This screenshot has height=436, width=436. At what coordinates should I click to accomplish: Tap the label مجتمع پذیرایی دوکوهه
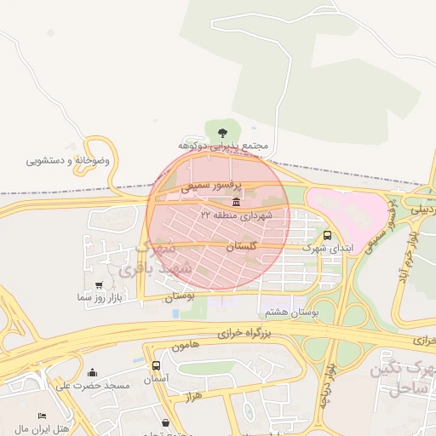click(x=222, y=146)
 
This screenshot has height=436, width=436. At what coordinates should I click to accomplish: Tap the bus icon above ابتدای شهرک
click(x=329, y=235)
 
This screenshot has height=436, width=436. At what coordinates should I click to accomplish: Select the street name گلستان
click(x=241, y=245)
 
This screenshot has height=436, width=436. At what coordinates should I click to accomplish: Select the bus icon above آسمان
click(x=156, y=364)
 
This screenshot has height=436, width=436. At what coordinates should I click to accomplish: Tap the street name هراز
click(x=192, y=398)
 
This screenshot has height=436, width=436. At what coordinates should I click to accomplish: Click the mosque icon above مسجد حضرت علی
click(x=92, y=372)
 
